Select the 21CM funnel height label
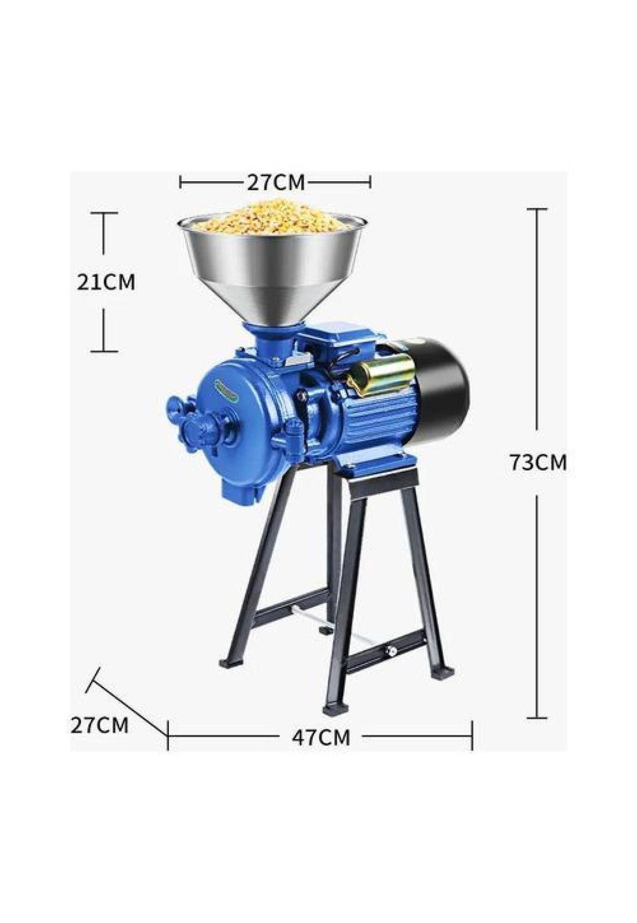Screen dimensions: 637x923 pyautogui.click(x=106, y=283)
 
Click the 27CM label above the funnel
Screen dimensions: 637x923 pyautogui.click(x=276, y=182)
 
